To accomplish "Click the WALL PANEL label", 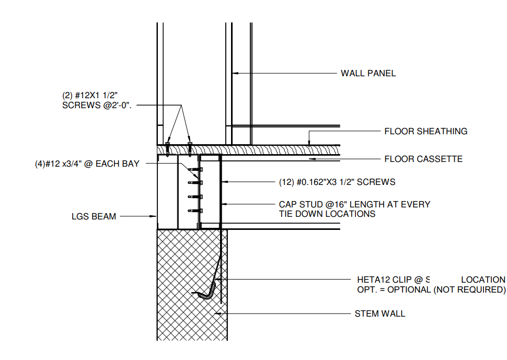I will tap(368, 73).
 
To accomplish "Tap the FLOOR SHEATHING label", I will tap(425, 131).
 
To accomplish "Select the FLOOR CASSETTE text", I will tap(423, 158).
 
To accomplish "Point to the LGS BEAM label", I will tap(94, 216).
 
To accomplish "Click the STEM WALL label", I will tap(380, 313).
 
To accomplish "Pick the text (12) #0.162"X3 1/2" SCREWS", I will tap(337, 182).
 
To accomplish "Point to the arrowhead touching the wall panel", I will tap(235, 73).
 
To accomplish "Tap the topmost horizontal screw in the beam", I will tap(197, 169).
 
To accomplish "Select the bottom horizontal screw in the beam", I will tap(197, 210).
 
